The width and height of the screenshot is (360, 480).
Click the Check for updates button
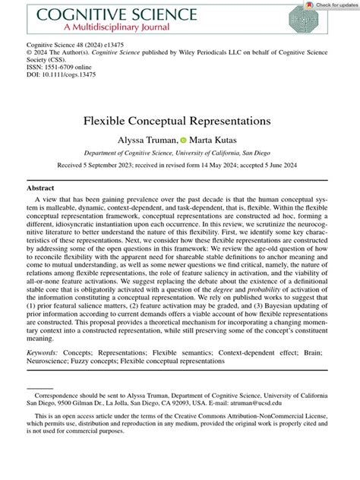pos(327,5)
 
